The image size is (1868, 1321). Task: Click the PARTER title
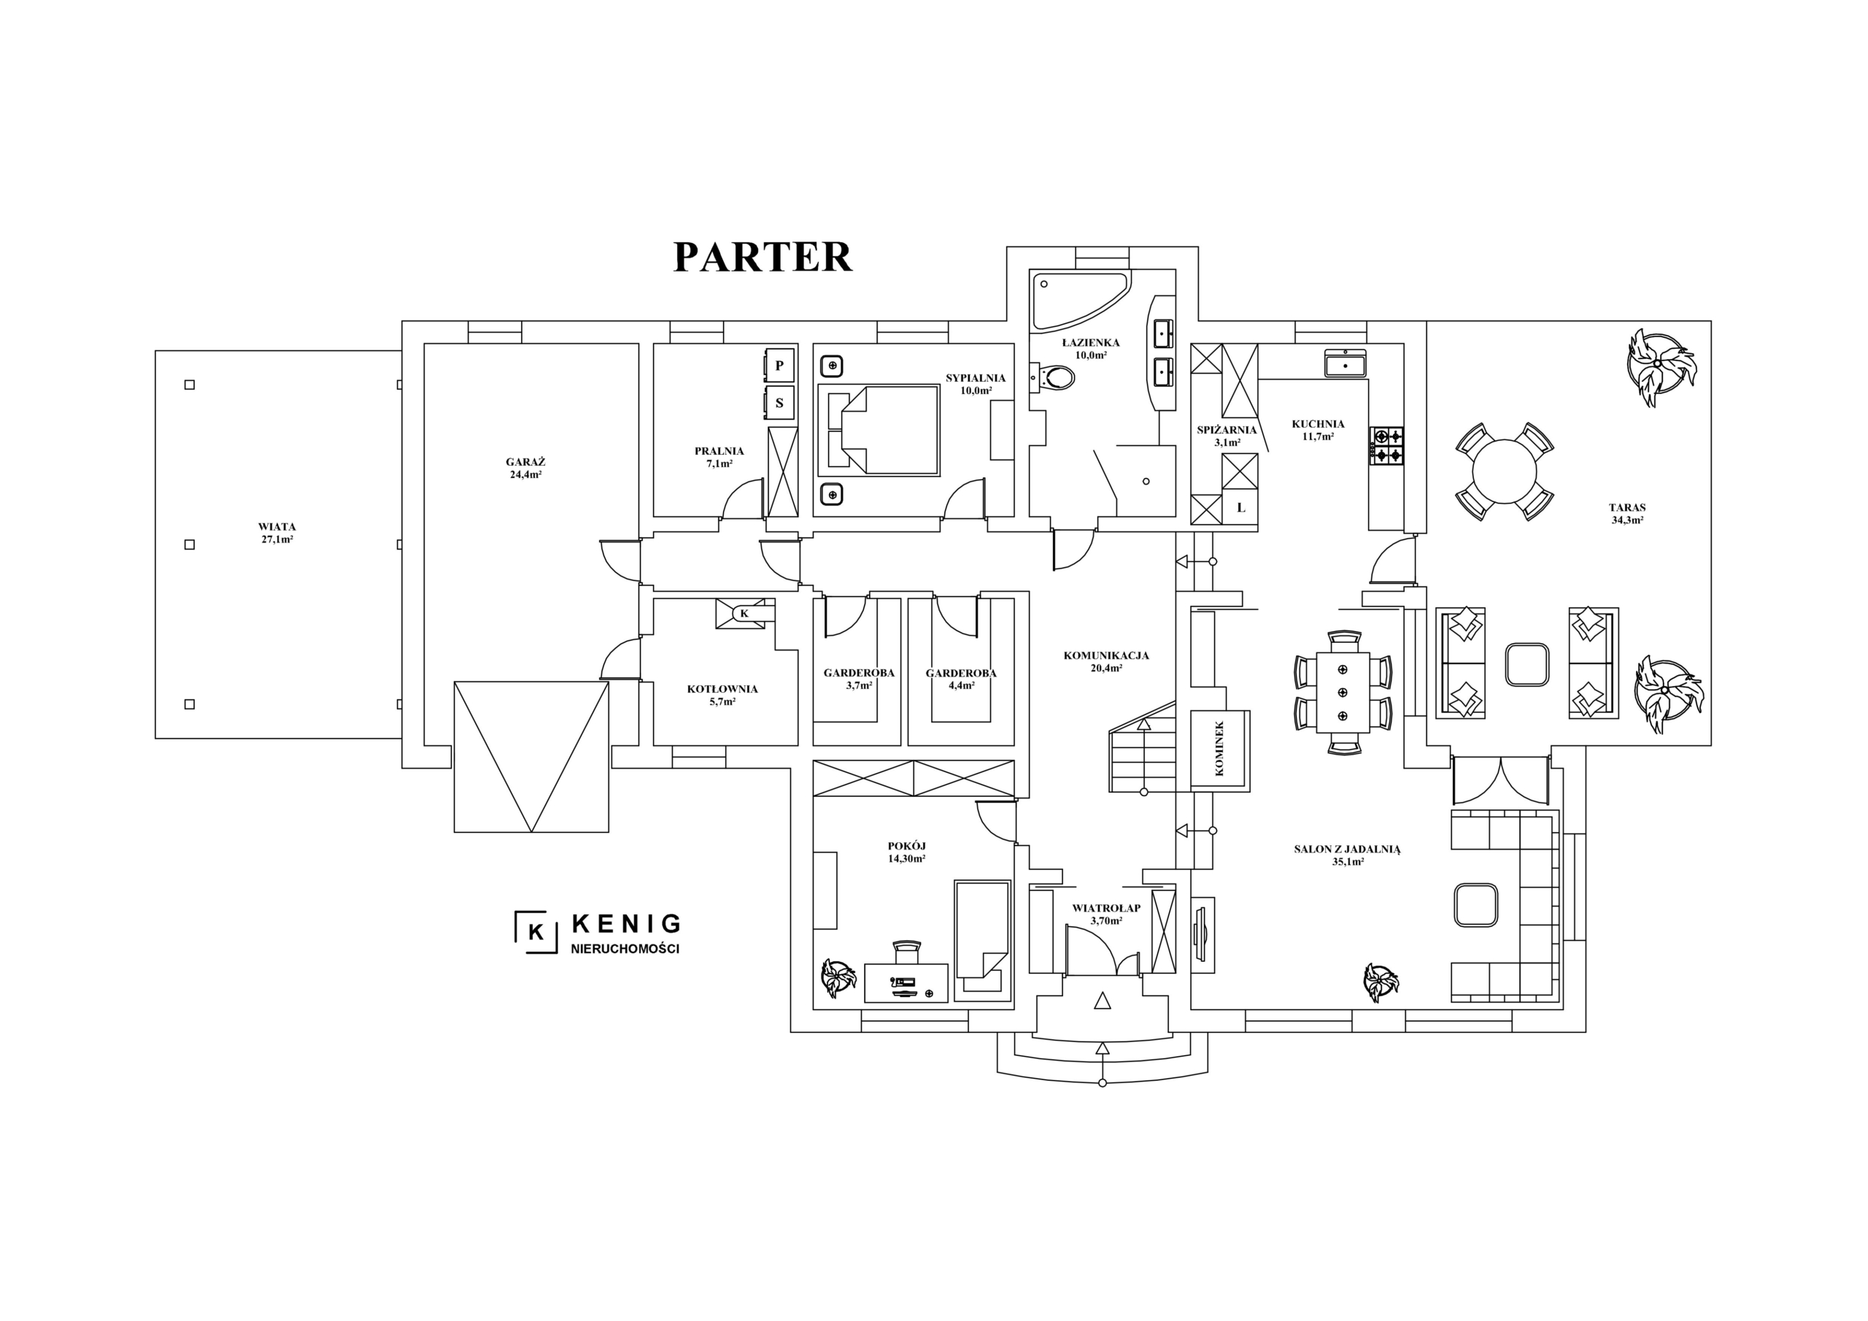(763, 256)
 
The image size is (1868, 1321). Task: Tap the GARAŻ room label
(525, 461)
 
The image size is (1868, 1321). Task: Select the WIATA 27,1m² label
(277, 533)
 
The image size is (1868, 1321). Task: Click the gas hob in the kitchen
(1388, 445)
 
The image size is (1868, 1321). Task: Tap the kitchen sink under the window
(1346, 363)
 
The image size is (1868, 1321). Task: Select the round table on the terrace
(1505, 471)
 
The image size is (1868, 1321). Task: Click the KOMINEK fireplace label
(1219, 749)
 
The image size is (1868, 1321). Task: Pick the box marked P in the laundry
(779, 366)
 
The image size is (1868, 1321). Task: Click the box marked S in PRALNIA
(779, 403)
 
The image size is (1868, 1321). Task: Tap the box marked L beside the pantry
(1240, 507)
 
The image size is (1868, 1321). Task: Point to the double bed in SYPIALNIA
(879, 431)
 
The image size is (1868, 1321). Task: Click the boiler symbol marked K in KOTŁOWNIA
(744, 613)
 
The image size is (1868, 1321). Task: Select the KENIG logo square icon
(536, 932)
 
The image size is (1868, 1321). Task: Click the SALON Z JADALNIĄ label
(1347, 849)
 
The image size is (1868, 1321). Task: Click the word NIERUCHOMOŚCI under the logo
(625, 949)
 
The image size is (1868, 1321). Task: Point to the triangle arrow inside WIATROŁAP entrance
(1103, 1001)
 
